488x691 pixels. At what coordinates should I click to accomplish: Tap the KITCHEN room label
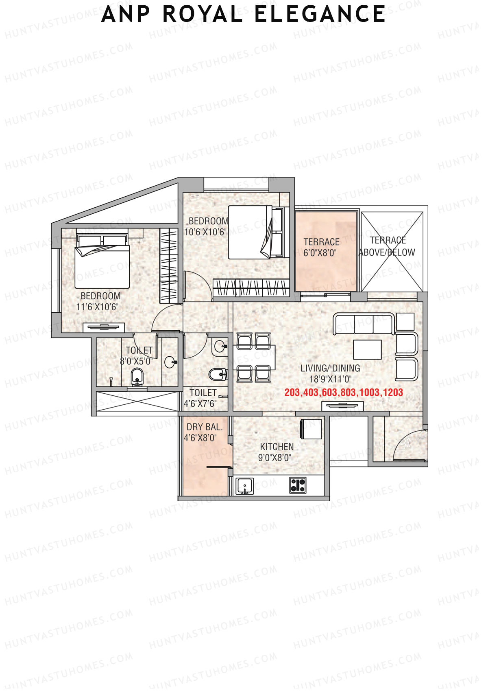tap(277, 447)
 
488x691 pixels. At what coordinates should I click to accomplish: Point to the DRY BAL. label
tap(205, 427)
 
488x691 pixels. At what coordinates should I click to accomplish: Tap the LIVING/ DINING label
tap(330, 368)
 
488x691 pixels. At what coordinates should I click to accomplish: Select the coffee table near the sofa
tap(367, 349)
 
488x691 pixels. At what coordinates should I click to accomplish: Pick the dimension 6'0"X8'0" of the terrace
tap(320, 253)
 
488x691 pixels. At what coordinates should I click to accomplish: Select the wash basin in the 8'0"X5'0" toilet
tap(170, 362)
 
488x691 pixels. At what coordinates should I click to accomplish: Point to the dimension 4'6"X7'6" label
tap(200, 404)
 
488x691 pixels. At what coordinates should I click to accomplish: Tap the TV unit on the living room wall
tap(342, 406)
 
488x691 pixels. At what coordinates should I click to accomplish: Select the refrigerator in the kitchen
tap(311, 429)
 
